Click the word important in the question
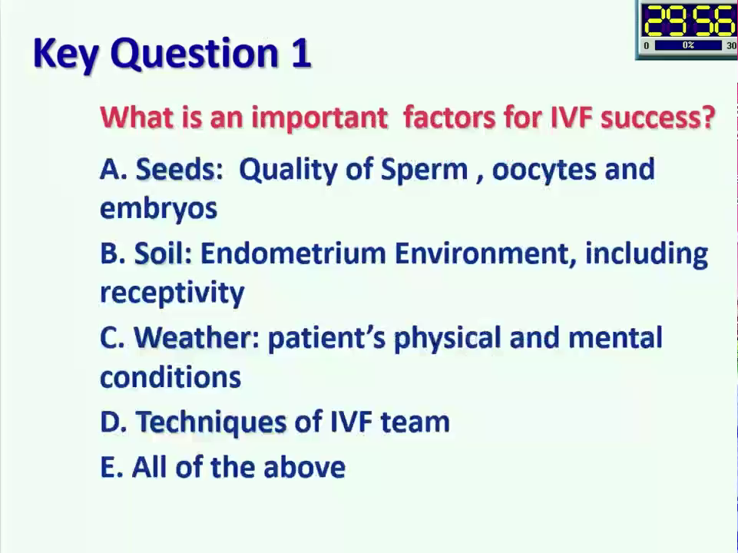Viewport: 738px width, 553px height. point(319,118)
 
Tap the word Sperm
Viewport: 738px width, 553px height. point(424,171)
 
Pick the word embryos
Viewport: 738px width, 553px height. point(159,209)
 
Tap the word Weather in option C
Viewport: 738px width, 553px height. point(197,337)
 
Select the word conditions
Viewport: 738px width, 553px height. point(170,377)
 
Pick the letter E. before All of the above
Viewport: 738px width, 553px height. point(111,467)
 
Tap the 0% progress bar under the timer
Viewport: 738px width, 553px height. point(688,45)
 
